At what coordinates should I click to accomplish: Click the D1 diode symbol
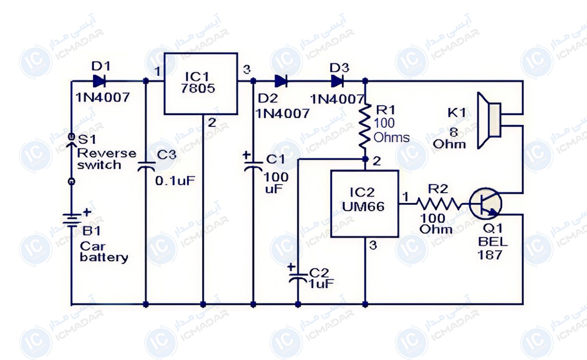99,81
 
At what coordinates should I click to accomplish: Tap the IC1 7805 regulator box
201,84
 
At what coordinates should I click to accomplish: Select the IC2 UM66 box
365,204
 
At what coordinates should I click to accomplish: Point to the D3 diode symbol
337,81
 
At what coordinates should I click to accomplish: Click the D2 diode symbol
281,81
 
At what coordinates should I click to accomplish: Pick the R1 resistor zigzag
365,126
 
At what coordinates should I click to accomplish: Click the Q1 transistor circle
485,203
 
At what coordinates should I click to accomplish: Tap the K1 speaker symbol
489,120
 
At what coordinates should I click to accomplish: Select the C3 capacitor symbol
146,167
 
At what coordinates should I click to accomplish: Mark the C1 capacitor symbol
253,167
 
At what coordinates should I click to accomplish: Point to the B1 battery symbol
71,220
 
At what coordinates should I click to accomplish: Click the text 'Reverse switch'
107,159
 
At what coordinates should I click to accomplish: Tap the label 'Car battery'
104,252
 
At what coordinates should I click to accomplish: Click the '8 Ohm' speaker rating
449,138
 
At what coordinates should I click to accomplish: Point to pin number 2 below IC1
212,123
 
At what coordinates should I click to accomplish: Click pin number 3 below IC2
373,245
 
